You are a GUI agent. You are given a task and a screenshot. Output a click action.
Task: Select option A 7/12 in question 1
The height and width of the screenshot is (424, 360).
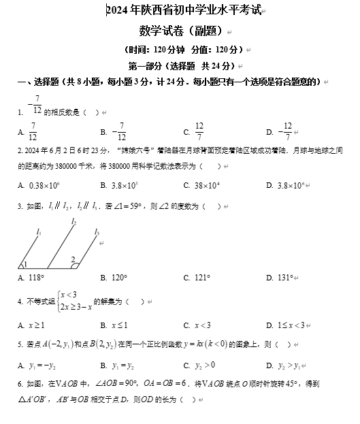32,132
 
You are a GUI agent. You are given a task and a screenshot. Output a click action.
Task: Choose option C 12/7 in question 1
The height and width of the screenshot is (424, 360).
199,132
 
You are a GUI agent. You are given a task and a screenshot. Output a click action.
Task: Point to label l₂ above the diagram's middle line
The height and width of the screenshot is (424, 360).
73,222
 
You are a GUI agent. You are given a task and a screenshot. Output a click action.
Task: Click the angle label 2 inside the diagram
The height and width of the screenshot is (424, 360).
73,259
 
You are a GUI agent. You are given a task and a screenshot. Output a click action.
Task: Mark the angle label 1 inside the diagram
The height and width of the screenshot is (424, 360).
24,265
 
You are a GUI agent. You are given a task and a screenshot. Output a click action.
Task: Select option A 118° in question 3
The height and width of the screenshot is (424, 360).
35,278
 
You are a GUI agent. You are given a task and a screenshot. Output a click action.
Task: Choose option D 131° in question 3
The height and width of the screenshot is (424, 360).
284,278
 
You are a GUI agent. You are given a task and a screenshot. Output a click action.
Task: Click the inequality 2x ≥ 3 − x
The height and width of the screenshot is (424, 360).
74,306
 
